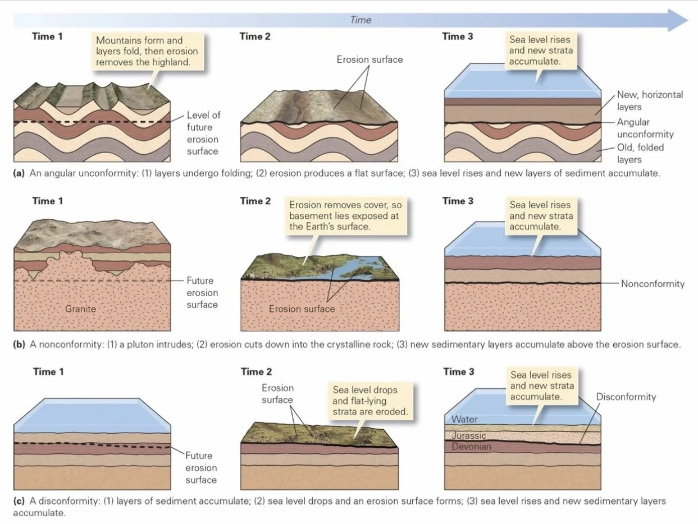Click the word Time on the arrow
361,20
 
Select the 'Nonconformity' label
653,284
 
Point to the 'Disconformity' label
626,397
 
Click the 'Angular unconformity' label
645,128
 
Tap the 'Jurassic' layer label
469,436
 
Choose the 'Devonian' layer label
471,447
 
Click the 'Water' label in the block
464,419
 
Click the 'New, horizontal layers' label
650,100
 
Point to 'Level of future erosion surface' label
203,133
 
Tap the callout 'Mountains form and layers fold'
147,51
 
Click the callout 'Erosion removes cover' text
345,215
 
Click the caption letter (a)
19,173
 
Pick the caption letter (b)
19,344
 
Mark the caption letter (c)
19,501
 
